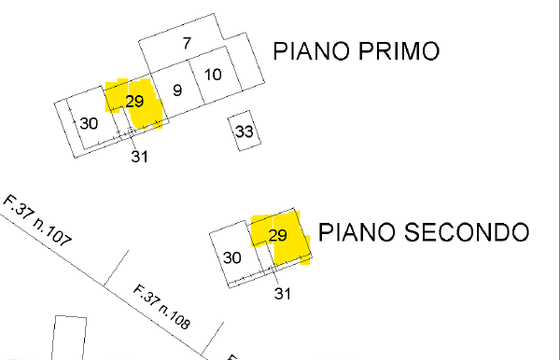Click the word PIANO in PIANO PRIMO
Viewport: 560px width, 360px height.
tap(311, 51)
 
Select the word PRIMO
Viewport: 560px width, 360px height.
tap(399, 51)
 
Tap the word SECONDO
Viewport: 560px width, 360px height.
tap(467, 232)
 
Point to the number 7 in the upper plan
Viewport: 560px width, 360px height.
tap(187, 43)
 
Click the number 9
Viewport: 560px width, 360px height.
tap(177, 90)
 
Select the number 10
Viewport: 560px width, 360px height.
tap(213, 75)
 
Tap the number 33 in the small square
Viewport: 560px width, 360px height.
tap(245, 132)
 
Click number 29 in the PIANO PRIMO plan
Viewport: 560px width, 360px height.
tap(134, 102)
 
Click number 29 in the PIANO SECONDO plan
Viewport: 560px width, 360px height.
tap(277, 235)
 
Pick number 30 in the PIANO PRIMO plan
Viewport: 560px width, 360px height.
tap(89, 123)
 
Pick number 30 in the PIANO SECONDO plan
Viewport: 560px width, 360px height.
tap(231, 257)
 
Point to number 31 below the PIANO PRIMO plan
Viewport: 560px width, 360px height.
tap(139, 157)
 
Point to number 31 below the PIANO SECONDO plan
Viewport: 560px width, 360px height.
tap(283, 294)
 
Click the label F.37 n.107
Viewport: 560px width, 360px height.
tap(37, 220)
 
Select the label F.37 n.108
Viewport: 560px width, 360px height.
tap(161, 307)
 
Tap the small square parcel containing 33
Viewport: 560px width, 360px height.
tap(245, 131)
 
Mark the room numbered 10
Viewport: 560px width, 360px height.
tap(216, 75)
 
